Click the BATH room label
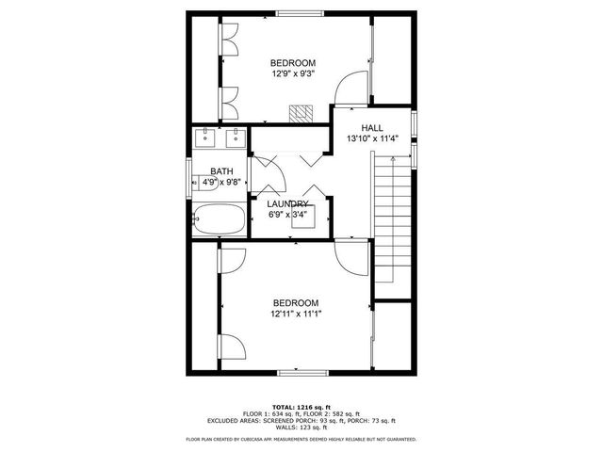point(221,171)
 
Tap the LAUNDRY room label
point(287,203)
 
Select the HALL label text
point(372,126)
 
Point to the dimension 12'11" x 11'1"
point(297,314)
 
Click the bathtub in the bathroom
point(219,221)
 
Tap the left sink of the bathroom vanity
point(206,138)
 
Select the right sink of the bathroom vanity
point(234,138)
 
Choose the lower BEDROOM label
point(297,301)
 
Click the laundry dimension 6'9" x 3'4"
point(287,214)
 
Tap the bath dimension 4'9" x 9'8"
point(223,183)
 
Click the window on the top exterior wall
point(300,12)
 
